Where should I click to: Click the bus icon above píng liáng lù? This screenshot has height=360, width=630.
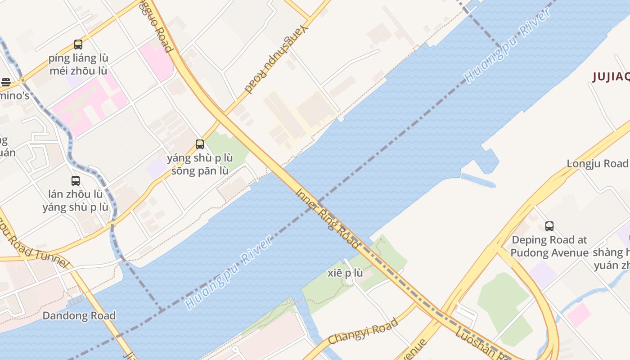pos(78,45)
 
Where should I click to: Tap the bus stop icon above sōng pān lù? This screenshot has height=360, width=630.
pos(200,144)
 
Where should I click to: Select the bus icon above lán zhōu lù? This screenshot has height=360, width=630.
pos(76,181)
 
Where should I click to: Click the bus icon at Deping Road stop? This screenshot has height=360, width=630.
pos(549,226)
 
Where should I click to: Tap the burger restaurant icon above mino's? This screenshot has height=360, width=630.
pos(5,82)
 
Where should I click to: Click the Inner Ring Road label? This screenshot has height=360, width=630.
pos(328,219)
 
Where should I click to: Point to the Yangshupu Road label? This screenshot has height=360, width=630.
pos(278,58)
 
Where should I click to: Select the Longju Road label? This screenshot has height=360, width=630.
pos(597,163)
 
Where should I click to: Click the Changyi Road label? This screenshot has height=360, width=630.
pos(363,331)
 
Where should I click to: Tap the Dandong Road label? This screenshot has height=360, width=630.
pos(79,315)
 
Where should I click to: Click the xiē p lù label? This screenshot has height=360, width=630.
pos(345,273)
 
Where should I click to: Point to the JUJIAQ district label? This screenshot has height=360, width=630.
pos(611,77)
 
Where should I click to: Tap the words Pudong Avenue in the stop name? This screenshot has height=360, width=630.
pos(549,253)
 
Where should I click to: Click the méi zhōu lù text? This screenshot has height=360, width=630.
pos(78,71)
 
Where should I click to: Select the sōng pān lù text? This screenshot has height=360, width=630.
pos(200,171)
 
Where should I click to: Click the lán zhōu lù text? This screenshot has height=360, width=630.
pos(76,194)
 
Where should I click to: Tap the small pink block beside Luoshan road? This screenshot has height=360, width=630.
pos(578,314)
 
